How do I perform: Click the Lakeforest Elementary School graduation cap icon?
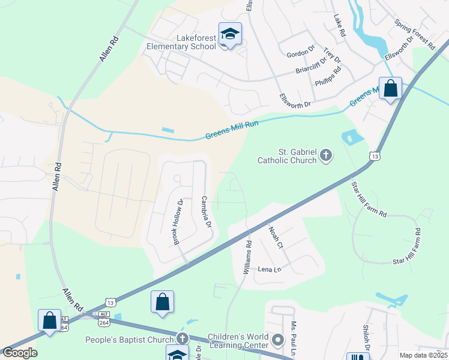pyautogui.click(x=229, y=34)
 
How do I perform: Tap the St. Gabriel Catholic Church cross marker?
pyautogui.click(x=326, y=155)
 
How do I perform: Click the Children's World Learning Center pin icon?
pyautogui.click(x=277, y=340)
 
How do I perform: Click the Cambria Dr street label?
pyautogui.click(x=206, y=212)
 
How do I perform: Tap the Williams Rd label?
pyautogui.click(x=247, y=258)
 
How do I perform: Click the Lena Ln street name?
pyautogui.click(x=270, y=270)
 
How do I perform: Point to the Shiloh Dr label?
pyautogui.click(x=366, y=339)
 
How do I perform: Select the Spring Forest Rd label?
pyautogui.click(x=415, y=34)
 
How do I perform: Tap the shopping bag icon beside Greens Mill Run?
pyautogui.click(x=391, y=89)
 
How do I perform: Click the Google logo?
pyautogui.click(x=20, y=353)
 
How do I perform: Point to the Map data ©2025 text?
pyautogui.click(x=423, y=355)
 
